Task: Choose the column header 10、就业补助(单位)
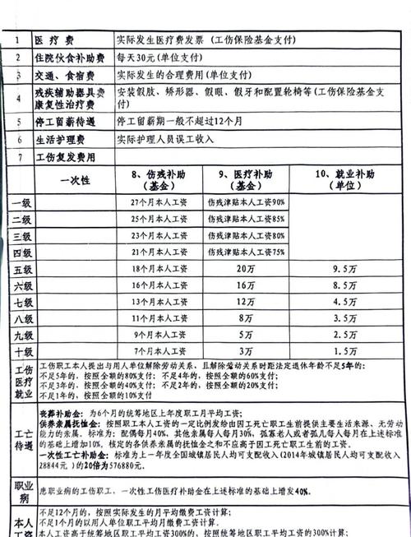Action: pyautogui.click(x=346, y=181)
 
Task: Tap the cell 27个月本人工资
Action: pyautogui.click(x=160, y=202)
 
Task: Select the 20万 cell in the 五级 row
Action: pyautogui.click(x=244, y=269)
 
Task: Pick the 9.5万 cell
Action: pyautogui.click(x=344, y=269)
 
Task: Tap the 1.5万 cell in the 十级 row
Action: pyautogui.click(x=344, y=351)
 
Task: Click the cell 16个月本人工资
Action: pyautogui.click(x=160, y=285)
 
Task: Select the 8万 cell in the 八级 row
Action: pyautogui.click(x=244, y=318)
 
